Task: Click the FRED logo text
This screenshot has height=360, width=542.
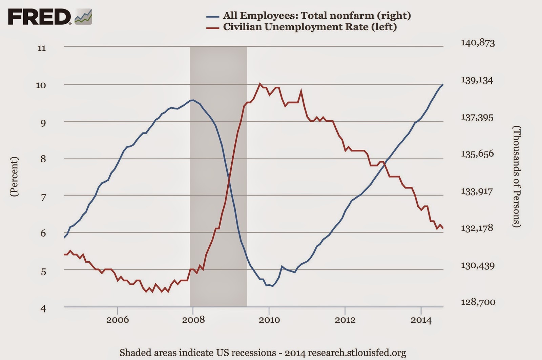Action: pos(39,17)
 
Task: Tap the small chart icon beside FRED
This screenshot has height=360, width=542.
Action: pos(83,17)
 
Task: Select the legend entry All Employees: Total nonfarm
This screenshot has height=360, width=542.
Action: pos(316,15)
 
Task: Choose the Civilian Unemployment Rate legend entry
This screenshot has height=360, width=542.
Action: pos(310,27)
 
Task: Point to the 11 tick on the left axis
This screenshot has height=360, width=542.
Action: pos(41,48)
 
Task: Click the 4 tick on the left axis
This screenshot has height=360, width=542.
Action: pos(43,308)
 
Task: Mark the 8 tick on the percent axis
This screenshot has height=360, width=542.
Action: pos(43,159)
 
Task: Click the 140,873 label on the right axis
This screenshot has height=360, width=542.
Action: pos(478,43)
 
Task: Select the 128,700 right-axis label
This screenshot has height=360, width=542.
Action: pos(478,302)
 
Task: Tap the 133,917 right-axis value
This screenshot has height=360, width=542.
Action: pos(477,191)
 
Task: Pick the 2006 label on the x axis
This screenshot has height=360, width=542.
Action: pos(118,320)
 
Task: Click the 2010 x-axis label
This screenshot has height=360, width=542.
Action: pos(269,320)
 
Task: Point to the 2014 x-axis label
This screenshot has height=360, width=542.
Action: pos(421,320)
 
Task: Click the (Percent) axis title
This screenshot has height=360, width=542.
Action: pos(14,176)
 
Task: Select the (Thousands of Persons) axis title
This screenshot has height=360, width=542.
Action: pos(516,176)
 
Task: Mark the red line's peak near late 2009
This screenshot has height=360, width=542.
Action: pos(260,83)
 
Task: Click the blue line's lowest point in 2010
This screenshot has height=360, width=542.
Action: pos(272,286)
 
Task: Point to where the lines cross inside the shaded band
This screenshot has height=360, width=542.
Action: pos(229,179)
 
